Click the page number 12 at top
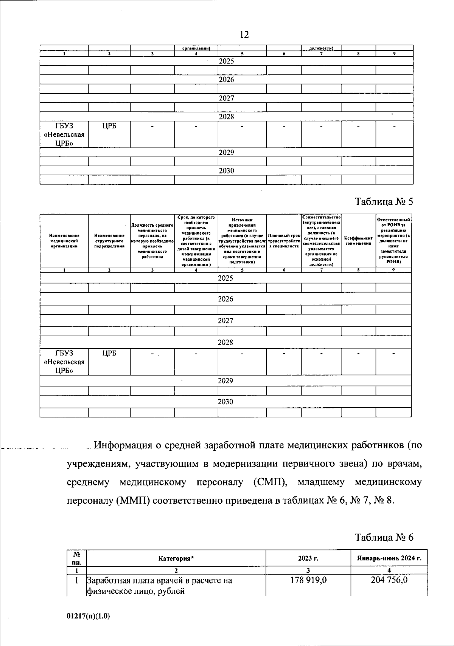coord(244,35)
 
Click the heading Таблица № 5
coord(384,202)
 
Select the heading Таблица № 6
coord(384,537)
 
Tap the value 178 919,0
coord(308,580)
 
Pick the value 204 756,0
coord(389,580)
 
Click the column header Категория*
coord(176,558)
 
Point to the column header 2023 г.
coord(308,558)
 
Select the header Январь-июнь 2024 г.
coord(389,558)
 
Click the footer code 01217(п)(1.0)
coord(88,616)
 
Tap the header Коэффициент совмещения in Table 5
coord(358,241)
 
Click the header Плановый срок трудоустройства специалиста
coord(284,241)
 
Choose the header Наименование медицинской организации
coord(64,241)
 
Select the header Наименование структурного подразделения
coord(109,241)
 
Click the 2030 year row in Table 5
coord(225,402)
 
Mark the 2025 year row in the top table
coord(226,61)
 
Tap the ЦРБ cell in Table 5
coord(109,353)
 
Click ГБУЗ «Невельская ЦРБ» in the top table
coord(64,134)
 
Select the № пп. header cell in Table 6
coord(77,558)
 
